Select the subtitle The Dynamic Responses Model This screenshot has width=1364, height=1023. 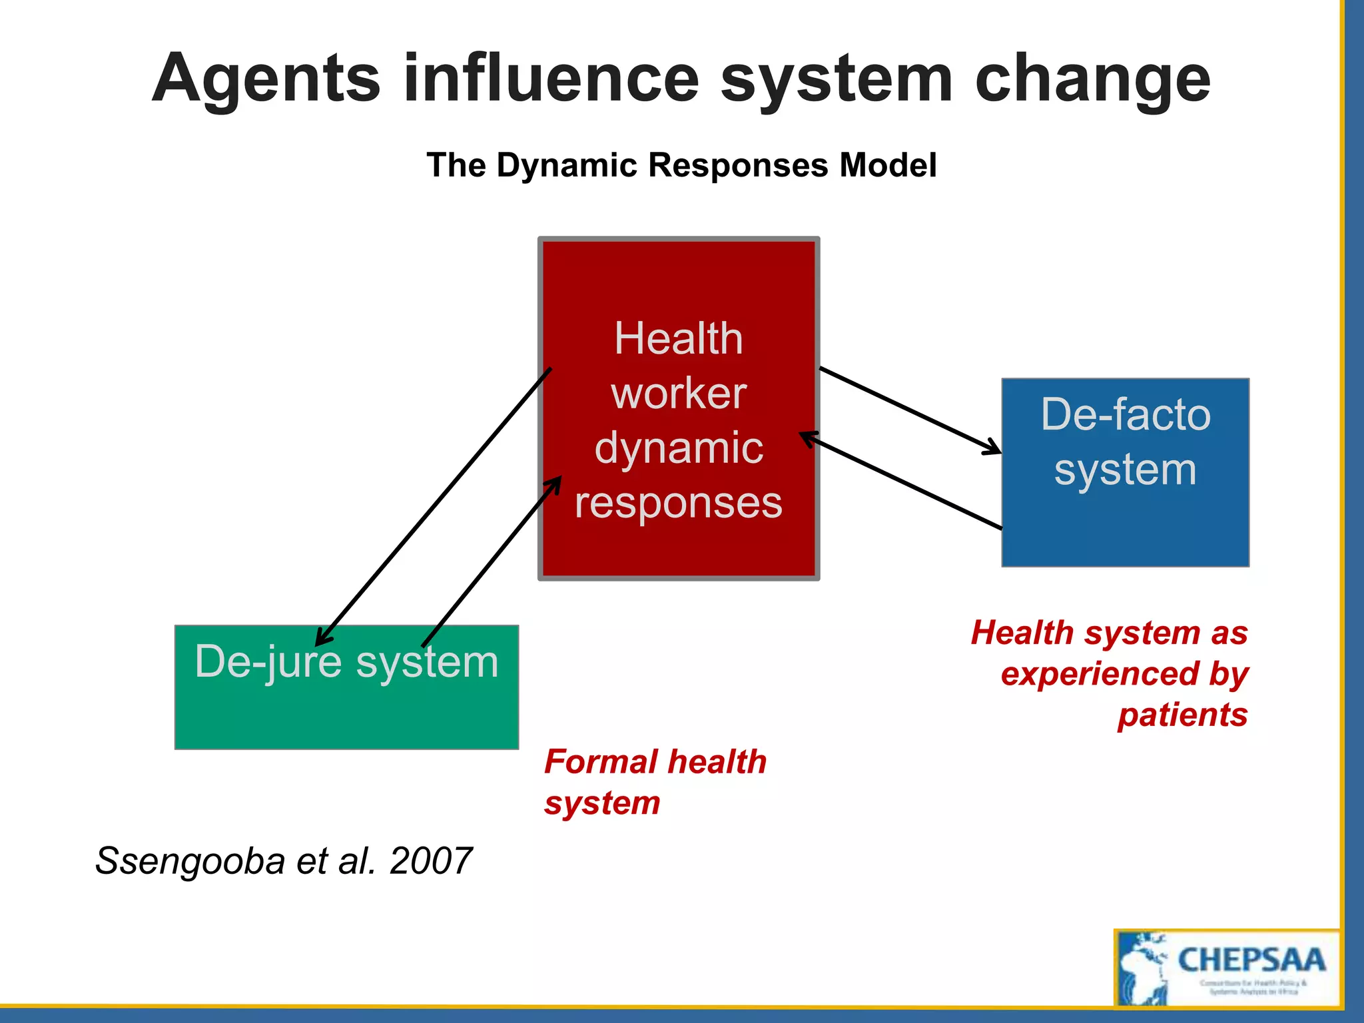point(681,165)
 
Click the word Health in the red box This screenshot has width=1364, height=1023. point(678,338)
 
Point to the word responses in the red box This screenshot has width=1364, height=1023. point(678,503)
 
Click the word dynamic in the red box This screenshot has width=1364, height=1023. point(678,448)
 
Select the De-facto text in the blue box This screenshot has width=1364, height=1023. point(1126,414)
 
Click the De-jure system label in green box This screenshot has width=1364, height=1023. point(346,662)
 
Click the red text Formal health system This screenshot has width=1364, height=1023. point(655,782)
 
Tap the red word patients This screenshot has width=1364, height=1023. point(1182,715)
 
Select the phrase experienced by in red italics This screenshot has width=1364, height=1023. point(1124,674)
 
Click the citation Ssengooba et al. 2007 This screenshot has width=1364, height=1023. point(284,860)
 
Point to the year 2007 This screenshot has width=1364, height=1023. point(431,860)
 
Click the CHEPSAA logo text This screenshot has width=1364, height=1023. point(1251,960)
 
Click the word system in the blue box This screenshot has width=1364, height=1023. point(1126,470)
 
